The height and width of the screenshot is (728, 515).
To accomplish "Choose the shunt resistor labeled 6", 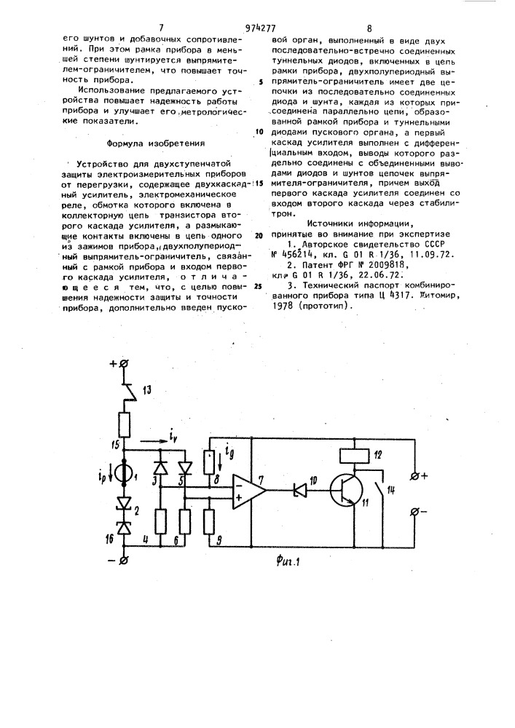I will pos(185,521).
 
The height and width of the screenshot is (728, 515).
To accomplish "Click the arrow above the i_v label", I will pos(152,441).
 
